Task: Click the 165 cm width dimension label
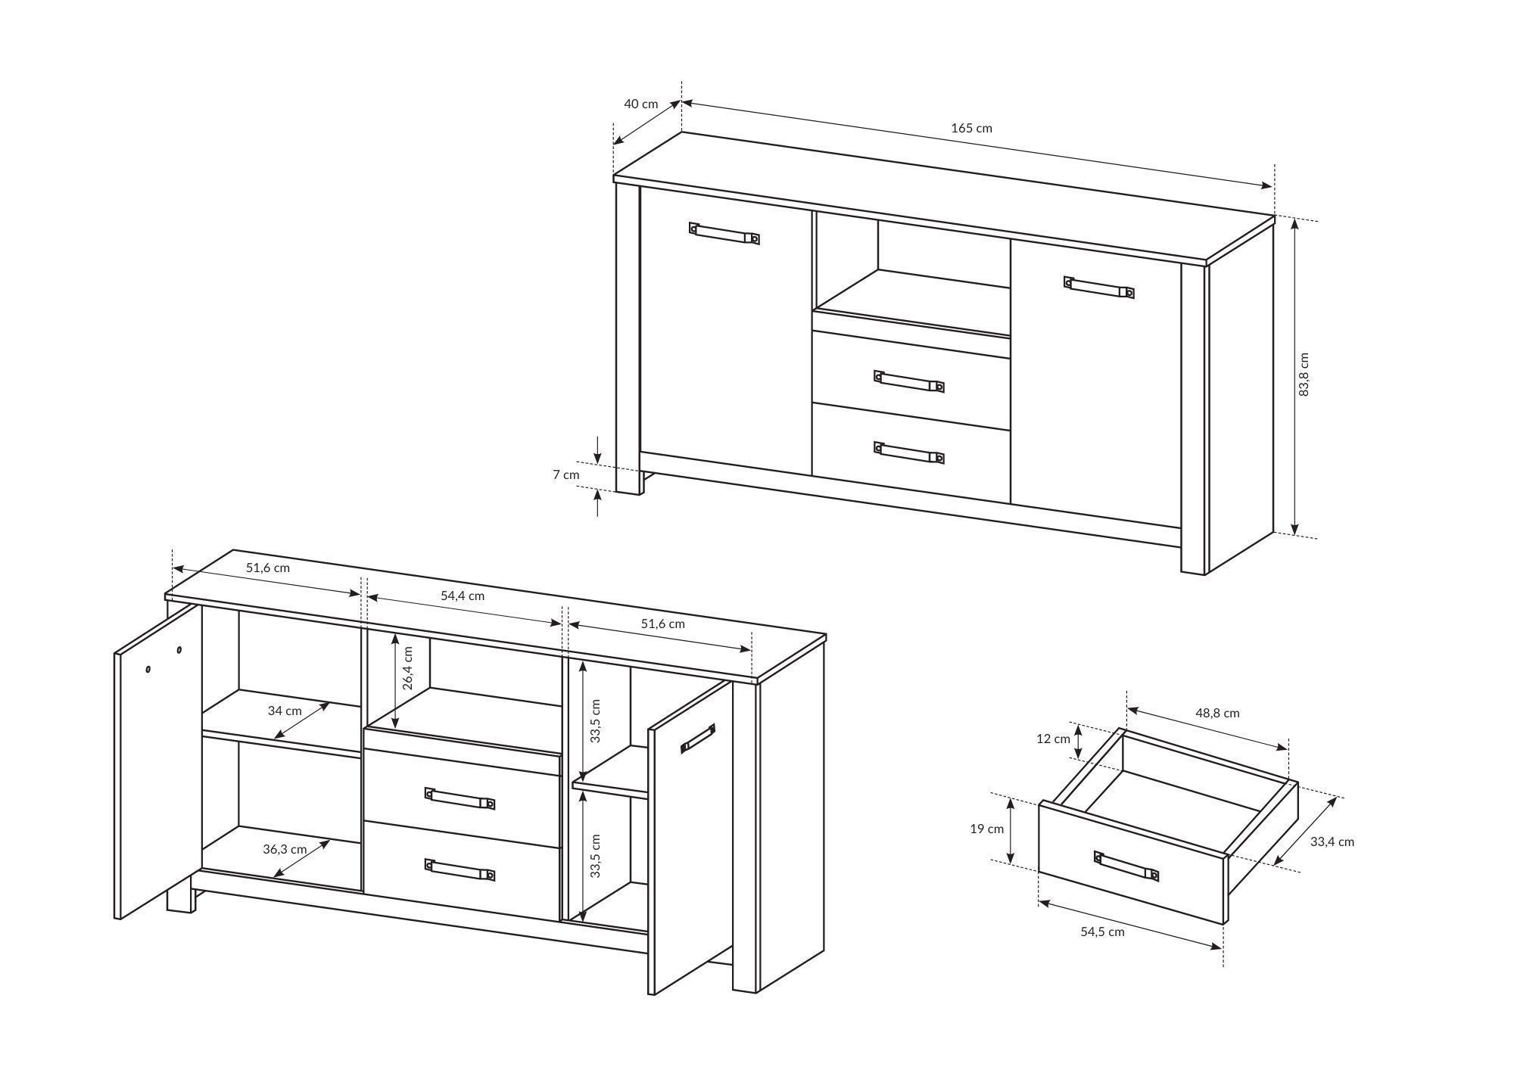(971, 128)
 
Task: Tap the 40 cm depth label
(640, 104)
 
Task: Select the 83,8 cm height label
(1303, 375)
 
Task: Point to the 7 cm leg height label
(565, 474)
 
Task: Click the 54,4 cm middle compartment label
(463, 596)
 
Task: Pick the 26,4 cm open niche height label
(407, 667)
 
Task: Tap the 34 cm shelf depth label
(285, 711)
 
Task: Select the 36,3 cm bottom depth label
(285, 849)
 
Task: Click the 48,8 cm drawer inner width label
(1217, 713)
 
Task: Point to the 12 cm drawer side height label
(1053, 739)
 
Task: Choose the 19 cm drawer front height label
(987, 829)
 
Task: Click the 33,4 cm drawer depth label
(1332, 841)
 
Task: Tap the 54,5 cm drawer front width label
(1102, 932)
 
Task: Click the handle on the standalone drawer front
(1126, 866)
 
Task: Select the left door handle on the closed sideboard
(724, 233)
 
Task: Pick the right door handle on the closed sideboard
(1099, 288)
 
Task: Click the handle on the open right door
(698, 739)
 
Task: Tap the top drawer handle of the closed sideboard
(909, 381)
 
